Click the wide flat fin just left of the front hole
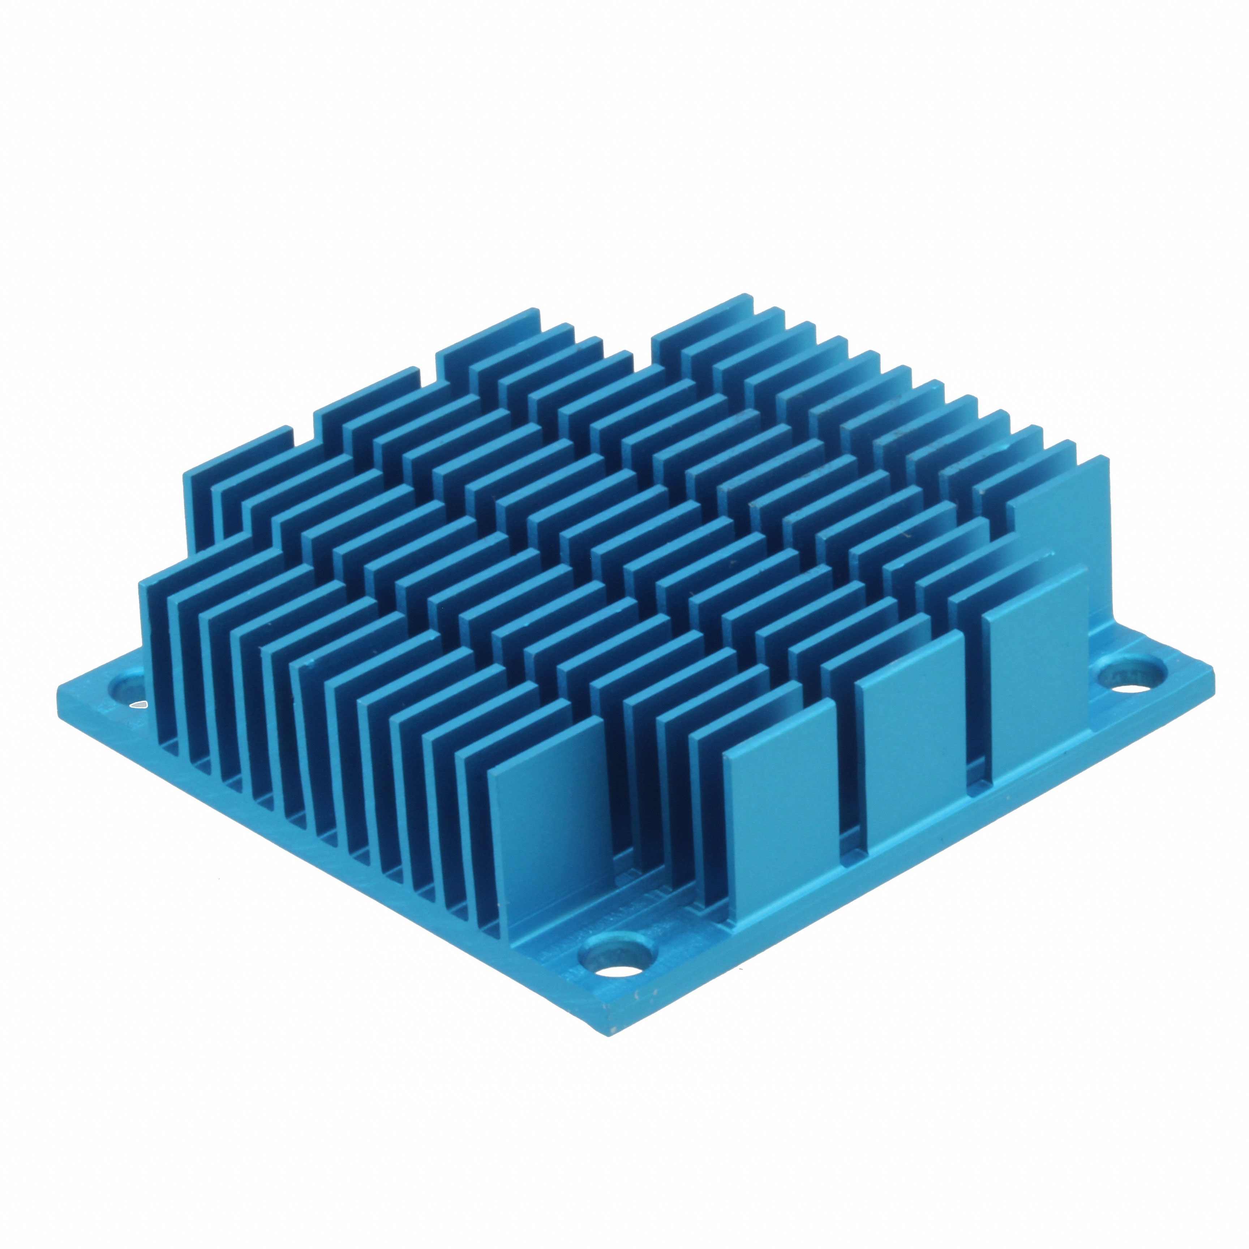[x=549, y=840]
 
